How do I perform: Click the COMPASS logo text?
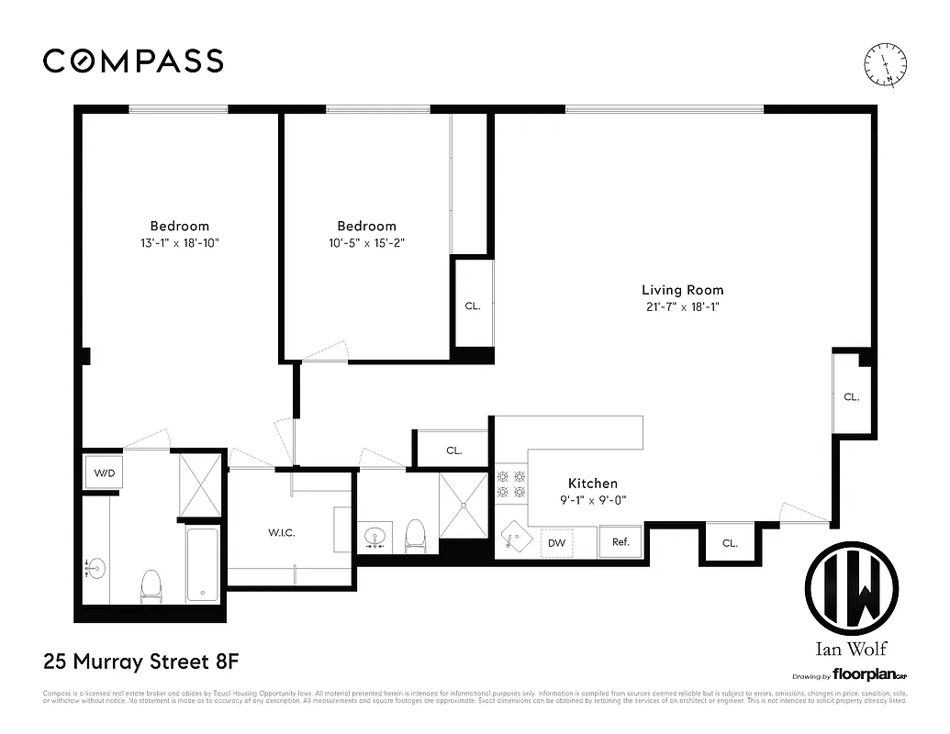(x=133, y=61)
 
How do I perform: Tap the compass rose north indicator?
(x=887, y=64)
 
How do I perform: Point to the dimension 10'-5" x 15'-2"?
(x=366, y=244)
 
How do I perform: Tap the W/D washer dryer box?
(x=103, y=473)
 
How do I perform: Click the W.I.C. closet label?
(x=281, y=533)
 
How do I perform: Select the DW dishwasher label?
(x=556, y=543)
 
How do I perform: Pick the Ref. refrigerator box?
(x=620, y=542)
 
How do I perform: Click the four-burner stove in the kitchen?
(x=511, y=484)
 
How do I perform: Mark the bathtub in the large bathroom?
(x=203, y=563)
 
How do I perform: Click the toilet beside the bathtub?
(x=150, y=584)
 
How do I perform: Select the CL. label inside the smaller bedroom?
(x=472, y=306)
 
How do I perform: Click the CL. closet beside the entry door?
(x=729, y=543)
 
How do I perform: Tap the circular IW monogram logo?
(x=851, y=587)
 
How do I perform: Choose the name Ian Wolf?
(x=851, y=650)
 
